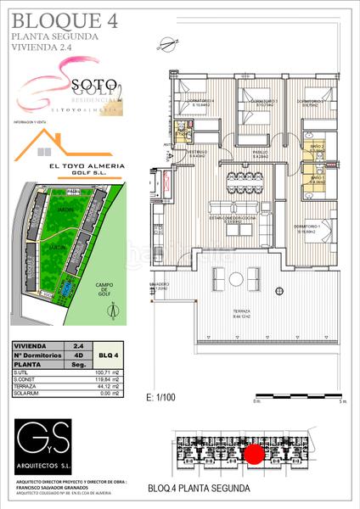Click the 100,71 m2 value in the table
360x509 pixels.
tap(81, 372)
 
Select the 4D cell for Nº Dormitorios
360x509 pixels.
tap(78, 355)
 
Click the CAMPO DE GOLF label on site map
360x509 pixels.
tap(105, 289)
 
